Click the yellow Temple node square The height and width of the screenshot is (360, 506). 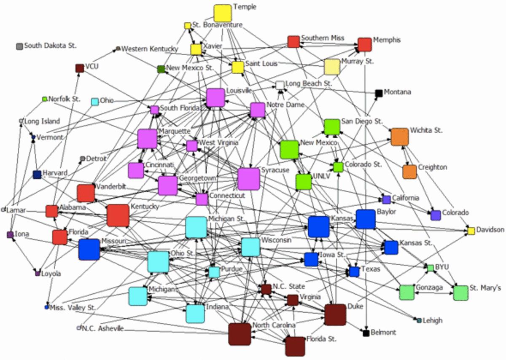[222, 13]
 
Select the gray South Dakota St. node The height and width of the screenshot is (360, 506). [19, 46]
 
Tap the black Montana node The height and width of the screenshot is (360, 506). [379, 93]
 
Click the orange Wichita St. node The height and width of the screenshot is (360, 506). [400, 137]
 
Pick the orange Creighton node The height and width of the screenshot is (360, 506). [409, 171]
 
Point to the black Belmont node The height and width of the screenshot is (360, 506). [366, 333]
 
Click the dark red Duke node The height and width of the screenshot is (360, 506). [335, 314]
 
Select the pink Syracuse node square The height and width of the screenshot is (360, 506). [248, 179]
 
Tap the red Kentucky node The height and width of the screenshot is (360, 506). [118, 215]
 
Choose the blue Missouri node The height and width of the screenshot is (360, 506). [89, 249]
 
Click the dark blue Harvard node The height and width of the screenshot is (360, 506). [37, 175]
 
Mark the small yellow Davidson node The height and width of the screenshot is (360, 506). [471, 231]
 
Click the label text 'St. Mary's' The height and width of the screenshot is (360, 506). [485, 288]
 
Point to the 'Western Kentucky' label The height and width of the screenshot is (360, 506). [150, 49]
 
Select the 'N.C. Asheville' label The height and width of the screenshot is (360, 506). [103, 328]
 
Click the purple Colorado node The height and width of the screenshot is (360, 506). [436, 215]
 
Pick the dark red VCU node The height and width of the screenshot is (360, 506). [79, 68]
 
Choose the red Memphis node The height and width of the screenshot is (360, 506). [364, 44]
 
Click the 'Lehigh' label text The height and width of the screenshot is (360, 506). [433, 320]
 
